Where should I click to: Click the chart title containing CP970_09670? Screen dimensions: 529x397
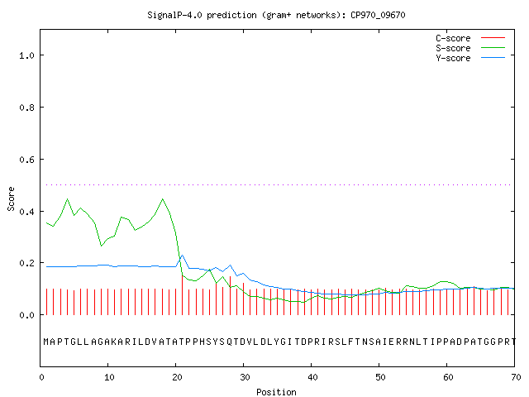coord(276,15)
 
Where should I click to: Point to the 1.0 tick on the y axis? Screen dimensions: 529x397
coord(27,55)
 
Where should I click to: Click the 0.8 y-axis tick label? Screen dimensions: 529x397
coord(27,108)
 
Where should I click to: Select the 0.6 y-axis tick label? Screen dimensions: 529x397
coord(27,160)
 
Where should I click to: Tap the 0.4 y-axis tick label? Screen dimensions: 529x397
coord(27,212)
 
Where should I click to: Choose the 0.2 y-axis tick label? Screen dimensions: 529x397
coord(27,263)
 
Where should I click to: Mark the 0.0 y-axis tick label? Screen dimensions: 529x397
coord(27,315)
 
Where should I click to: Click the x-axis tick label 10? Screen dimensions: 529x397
coord(109,377)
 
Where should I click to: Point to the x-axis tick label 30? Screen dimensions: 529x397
coord(245,377)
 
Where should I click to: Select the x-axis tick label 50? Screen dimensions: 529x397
coord(380,377)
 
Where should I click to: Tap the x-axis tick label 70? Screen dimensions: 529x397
coord(516,377)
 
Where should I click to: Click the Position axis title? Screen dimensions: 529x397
coord(276,392)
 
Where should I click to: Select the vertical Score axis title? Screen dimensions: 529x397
coord(11,198)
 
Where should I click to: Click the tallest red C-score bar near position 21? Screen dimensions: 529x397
coord(183,294)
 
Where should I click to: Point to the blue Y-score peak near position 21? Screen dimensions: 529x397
coord(182,256)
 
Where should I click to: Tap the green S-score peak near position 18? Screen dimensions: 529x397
coord(163,199)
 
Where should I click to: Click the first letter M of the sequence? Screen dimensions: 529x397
coord(46,342)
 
